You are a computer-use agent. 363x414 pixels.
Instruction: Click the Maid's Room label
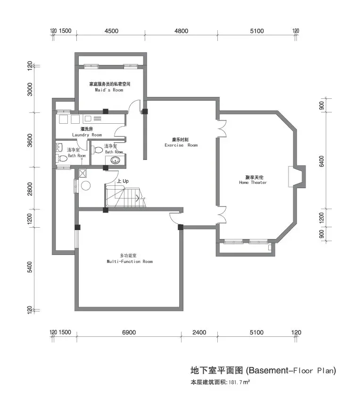coord(109,90)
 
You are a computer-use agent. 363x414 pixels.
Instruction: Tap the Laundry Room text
coord(87,135)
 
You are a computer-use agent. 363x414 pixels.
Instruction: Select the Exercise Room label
coord(181,145)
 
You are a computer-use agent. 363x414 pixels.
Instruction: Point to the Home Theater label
coord(253,183)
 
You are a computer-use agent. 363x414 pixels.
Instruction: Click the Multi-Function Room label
coord(130,262)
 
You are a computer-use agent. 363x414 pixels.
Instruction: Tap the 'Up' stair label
coord(126,181)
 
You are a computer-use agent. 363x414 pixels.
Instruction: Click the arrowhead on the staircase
coord(138,198)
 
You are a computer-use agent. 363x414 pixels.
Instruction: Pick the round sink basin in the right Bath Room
coord(115,160)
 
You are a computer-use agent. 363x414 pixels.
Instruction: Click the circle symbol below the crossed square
coord(85,186)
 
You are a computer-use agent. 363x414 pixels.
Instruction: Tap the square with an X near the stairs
coord(83,173)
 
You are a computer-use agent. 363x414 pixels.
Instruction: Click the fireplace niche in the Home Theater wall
coord(297,176)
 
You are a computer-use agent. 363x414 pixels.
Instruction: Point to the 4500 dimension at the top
coord(111,31)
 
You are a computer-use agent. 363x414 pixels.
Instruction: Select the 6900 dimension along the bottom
coord(129,333)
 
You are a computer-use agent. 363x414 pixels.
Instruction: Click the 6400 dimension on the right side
coord(322,161)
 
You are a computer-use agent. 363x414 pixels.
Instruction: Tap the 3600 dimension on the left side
coord(30,140)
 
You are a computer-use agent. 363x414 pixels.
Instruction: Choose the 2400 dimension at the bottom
coord(199,333)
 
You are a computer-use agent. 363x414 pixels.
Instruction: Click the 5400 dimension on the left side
coord(30,267)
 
